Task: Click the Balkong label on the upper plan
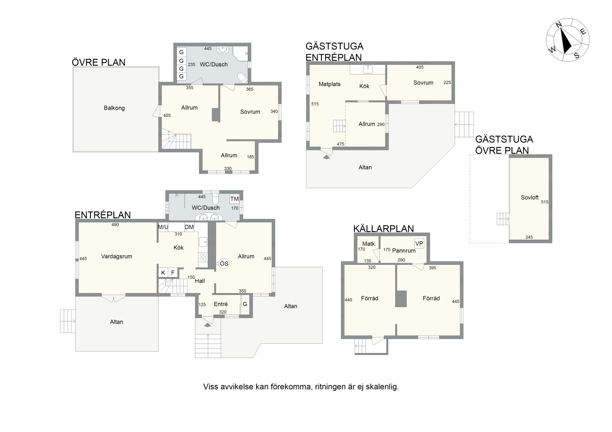coord(114,108)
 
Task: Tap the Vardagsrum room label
coord(117,257)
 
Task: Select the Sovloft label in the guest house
coord(530,198)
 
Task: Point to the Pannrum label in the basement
coord(404,251)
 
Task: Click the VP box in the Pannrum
coord(419,244)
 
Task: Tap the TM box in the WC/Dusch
coord(234,199)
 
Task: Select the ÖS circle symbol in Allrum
coord(224,264)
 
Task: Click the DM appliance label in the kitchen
coord(189,227)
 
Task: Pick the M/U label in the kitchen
coord(163,227)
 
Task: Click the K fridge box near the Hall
coord(163,273)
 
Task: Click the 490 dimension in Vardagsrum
coord(115,225)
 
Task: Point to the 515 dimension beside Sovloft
coord(545,202)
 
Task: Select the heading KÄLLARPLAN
coord(383,229)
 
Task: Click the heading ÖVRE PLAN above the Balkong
coord(99,62)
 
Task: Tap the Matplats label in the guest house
coord(330,84)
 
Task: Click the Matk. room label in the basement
coord(369,244)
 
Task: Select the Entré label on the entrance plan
coord(221,304)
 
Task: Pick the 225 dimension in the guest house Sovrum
coord(447,83)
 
